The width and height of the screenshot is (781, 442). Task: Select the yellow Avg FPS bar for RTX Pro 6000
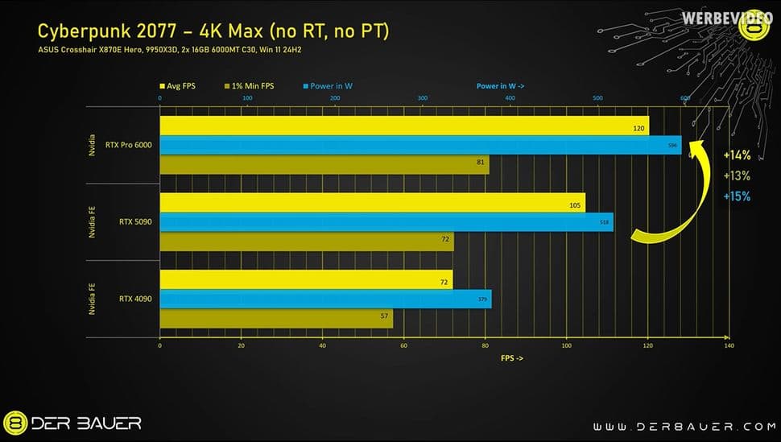click(403, 126)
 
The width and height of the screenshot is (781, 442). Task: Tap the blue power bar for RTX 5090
click(386, 221)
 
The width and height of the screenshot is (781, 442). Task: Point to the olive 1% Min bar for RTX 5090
click(306, 242)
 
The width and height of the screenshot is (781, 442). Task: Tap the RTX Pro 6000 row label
click(129, 145)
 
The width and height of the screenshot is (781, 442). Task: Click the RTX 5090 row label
click(134, 221)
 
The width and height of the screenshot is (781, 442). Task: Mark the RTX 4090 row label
click(134, 299)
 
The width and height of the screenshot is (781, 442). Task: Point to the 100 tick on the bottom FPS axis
click(567, 345)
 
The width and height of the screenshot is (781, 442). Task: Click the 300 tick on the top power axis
click(423, 98)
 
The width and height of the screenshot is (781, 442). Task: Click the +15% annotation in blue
click(736, 196)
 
